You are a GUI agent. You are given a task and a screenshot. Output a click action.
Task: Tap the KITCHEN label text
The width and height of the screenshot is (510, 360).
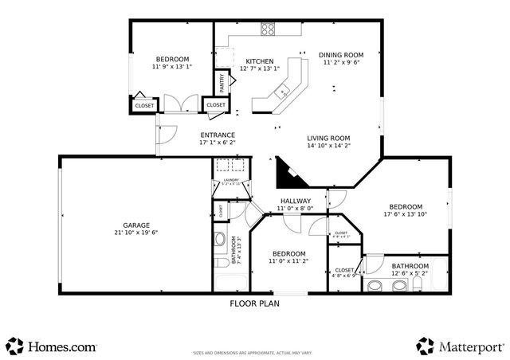tap(259, 61)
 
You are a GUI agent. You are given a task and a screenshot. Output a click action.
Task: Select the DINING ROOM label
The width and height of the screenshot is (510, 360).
tap(341, 55)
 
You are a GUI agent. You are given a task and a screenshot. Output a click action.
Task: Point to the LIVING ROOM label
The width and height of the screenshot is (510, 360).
tap(328, 138)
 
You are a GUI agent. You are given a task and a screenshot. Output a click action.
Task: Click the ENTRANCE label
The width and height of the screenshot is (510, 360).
tap(217, 135)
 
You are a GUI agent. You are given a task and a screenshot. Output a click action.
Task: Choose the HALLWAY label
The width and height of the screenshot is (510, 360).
tap(295, 200)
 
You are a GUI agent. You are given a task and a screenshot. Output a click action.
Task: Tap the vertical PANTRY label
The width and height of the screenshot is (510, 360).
tap(222, 83)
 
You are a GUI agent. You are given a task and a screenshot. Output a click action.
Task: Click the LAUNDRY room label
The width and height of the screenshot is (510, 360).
tap(231, 180)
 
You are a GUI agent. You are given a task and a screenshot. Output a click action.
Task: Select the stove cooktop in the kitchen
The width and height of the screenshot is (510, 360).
tap(269, 30)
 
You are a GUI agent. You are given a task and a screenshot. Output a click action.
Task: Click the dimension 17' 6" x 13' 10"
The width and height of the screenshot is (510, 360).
tap(405, 213)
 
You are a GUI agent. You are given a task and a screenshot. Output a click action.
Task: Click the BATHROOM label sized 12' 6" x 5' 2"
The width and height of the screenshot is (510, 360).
tap(410, 265)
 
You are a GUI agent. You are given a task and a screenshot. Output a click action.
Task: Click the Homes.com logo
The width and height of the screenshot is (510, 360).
tap(53, 346)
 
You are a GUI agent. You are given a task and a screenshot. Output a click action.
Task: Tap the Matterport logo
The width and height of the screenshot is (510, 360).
tap(461, 346)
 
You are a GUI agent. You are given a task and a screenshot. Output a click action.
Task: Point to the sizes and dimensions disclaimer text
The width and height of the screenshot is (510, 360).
tap(254, 350)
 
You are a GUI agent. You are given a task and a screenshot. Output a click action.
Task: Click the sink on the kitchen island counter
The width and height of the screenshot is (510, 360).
tap(281, 92)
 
